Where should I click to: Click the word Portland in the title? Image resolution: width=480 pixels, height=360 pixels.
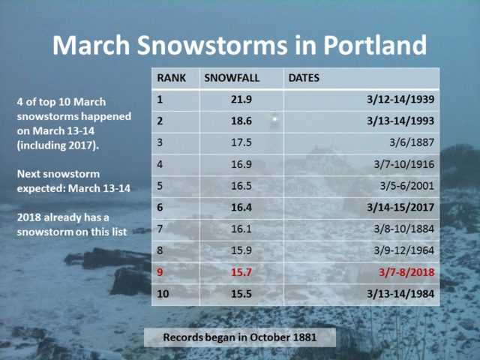375,45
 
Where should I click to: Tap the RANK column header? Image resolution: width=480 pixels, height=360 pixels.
172,78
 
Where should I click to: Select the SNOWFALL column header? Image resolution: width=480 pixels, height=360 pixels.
232,78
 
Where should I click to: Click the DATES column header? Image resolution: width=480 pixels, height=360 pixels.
304,78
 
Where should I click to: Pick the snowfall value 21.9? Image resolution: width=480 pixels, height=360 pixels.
241,100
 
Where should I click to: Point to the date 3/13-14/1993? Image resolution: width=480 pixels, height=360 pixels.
400,121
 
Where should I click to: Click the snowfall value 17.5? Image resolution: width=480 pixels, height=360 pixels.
241,142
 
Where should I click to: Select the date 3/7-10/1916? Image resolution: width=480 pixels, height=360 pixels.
403,164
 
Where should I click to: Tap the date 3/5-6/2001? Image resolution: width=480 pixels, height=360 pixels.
406,186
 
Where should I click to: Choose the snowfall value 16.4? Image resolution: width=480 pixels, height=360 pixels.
241,208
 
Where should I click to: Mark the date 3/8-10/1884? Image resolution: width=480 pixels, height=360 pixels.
403,229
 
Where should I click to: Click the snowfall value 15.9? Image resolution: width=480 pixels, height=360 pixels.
241,250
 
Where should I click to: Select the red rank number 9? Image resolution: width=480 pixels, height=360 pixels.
160,272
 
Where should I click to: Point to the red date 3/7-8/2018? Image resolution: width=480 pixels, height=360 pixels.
406,272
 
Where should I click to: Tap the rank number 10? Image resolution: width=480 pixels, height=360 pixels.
163,294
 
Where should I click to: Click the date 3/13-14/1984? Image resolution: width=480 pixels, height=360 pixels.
400,294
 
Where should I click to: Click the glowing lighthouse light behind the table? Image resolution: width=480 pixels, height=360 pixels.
274,118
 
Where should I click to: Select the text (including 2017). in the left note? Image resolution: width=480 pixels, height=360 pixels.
58,145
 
